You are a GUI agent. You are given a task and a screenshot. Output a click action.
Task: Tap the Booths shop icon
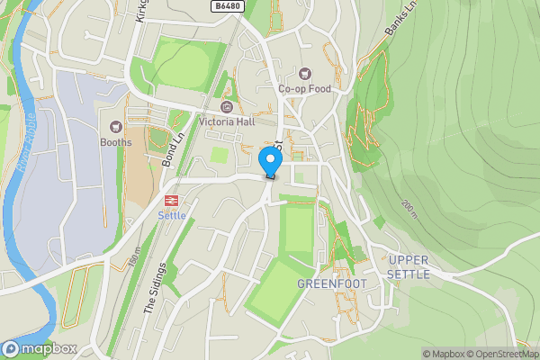(115, 127)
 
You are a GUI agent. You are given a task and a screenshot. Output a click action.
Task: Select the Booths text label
(115, 142)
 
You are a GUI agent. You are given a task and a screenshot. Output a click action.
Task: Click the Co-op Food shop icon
(304, 74)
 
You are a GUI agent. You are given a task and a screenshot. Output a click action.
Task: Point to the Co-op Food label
(304, 89)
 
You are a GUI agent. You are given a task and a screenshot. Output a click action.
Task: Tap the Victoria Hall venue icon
(225, 107)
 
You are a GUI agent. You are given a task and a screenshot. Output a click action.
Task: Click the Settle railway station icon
(171, 199)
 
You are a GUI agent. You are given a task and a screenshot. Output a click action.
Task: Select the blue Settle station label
(171, 215)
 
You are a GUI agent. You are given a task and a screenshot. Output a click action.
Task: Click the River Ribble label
(27, 139)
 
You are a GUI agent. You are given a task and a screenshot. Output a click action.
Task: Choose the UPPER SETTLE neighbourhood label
(409, 267)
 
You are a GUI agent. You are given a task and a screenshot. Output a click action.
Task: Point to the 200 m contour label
(409, 209)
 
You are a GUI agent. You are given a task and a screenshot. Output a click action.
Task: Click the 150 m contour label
(134, 256)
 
